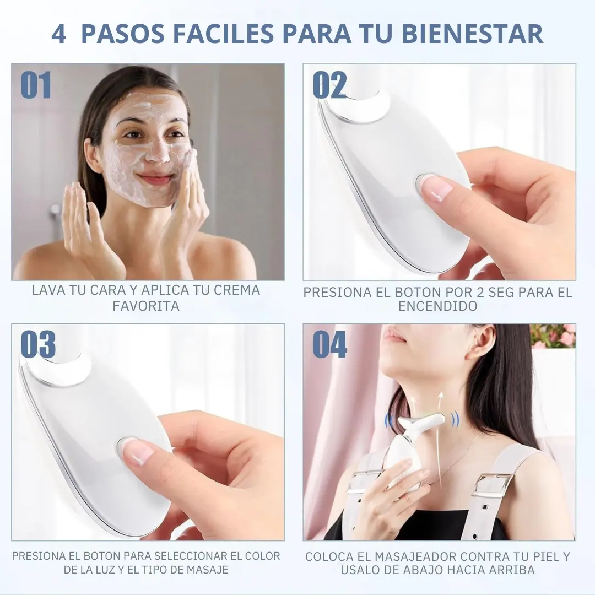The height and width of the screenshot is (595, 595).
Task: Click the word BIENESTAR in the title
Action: point(472,33)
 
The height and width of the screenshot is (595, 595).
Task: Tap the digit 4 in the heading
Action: point(59,34)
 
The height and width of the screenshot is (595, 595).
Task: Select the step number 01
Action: point(36,85)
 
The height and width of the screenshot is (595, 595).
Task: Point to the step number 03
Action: point(38,344)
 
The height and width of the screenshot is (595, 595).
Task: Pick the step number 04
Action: point(330,344)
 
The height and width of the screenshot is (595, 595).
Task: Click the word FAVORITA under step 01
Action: point(146,306)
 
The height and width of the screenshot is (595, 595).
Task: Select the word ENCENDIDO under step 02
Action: point(437,306)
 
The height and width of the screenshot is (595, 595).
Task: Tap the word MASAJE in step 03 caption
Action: point(208,570)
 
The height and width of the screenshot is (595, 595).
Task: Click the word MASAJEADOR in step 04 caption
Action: point(416,556)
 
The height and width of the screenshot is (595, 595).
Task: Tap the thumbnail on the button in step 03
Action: point(138,452)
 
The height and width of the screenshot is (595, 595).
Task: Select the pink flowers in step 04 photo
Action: point(554,336)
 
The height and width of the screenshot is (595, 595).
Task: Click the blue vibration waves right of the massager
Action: point(455,420)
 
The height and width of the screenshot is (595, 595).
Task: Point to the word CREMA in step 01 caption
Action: point(237,290)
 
